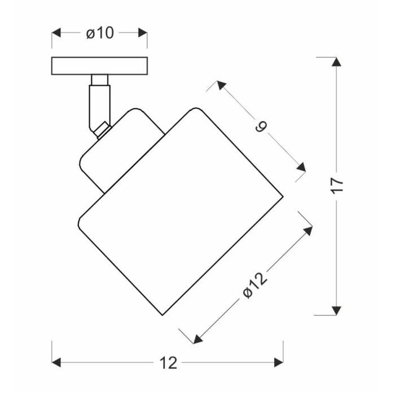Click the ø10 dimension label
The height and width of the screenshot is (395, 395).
coord(100,33)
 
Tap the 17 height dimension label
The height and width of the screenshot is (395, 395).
coord(337,186)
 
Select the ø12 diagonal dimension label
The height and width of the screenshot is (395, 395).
coord(254,286)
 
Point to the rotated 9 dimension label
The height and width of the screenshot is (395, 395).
coord(261,126)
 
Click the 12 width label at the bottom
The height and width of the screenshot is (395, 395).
coord(168,363)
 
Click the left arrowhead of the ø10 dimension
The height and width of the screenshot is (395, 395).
coord(56,33)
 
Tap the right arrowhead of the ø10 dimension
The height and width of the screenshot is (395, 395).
coord(143,33)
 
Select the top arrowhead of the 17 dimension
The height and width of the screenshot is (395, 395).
coord(336,62)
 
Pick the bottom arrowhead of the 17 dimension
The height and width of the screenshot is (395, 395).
coord(336,310)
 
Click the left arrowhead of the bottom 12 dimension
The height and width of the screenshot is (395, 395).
coord(56,362)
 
